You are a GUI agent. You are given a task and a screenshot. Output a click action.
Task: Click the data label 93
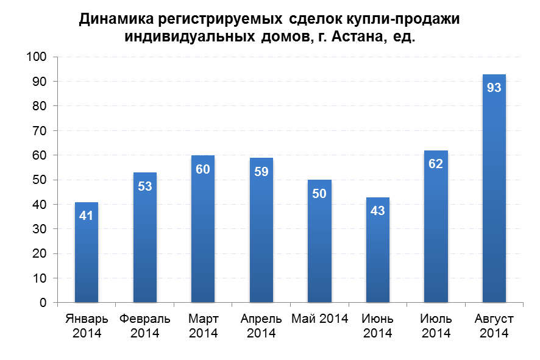click(494, 88)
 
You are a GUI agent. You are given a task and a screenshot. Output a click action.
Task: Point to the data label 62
click(436, 164)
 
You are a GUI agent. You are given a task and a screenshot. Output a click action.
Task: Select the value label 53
click(144, 186)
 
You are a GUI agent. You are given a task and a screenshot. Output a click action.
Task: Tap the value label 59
click(261, 172)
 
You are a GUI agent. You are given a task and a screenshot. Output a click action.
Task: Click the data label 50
click(319, 194)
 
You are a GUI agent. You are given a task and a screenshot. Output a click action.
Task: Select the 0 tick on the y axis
click(43, 303)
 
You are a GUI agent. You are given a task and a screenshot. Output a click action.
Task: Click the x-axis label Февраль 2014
click(144, 326)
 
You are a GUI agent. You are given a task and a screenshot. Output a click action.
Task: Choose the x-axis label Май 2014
click(320, 319)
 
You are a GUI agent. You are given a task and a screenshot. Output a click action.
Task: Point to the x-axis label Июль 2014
click(436, 326)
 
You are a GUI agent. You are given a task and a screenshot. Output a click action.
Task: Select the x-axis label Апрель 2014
click(261, 326)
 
